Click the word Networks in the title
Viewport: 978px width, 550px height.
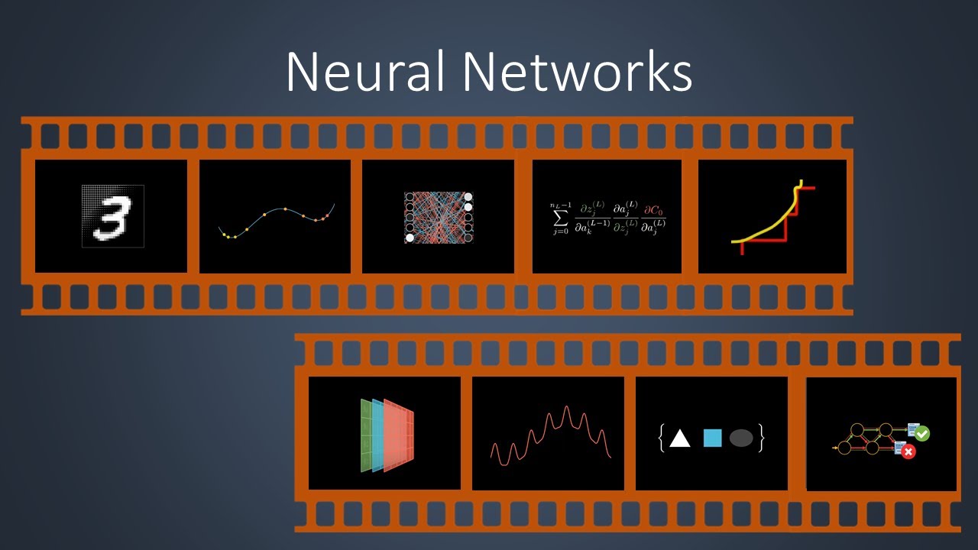578,73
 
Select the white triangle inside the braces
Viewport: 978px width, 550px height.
679,438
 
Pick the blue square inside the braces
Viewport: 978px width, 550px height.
712,438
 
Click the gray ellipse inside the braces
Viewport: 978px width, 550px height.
741,438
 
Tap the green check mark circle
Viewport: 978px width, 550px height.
922,433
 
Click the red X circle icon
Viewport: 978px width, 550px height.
908,452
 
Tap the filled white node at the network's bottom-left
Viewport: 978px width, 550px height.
410,238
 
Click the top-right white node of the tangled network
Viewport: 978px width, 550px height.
468,197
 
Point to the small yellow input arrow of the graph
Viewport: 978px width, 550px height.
834,448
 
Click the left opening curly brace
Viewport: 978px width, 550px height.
662,438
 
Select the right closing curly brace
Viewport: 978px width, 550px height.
761,438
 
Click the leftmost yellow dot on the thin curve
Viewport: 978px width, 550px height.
227,235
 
